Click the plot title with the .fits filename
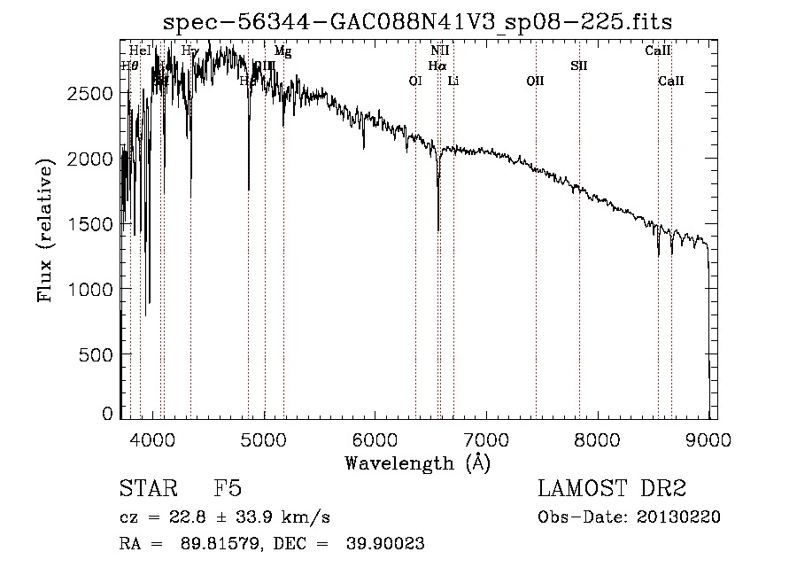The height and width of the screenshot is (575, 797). tap(424, 23)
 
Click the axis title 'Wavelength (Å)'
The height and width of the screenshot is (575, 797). tap(417, 462)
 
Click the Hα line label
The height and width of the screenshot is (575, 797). tap(437, 66)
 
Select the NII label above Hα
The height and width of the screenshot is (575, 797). tap(440, 51)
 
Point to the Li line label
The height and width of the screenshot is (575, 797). tap(453, 81)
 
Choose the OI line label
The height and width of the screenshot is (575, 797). tap(415, 81)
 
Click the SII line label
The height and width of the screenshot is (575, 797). tap(579, 66)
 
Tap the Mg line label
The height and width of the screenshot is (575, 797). tap(282, 51)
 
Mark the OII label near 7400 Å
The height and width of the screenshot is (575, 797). tap(535, 81)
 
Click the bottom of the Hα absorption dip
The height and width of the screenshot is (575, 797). tap(438, 229)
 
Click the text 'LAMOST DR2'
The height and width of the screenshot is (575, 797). tap(612, 489)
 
